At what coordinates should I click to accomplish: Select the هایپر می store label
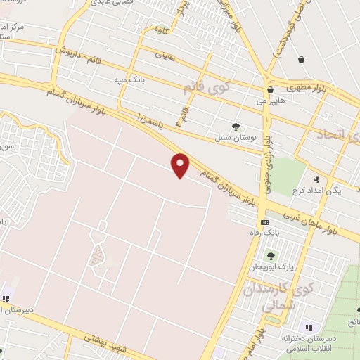pyautogui.click(x=271, y=101)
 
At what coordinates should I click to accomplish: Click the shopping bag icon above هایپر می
pyautogui.click(x=270, y=90)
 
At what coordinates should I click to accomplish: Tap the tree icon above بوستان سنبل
pyautogui.click(x=235, y=127)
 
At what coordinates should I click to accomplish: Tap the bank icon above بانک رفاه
pyautogui.click(x=264, y=222)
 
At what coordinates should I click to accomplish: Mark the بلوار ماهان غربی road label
pyautogui.click(x=317, y=220)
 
